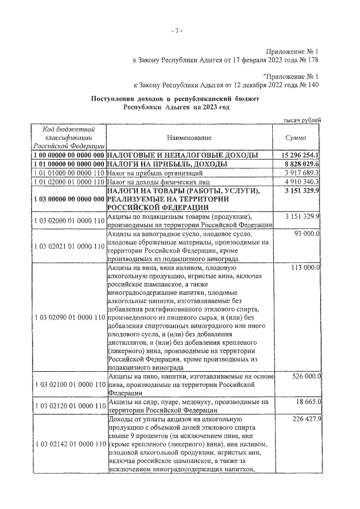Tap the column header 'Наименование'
(189, 137)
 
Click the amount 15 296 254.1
(298, 155)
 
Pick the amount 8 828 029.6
(299, 164)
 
